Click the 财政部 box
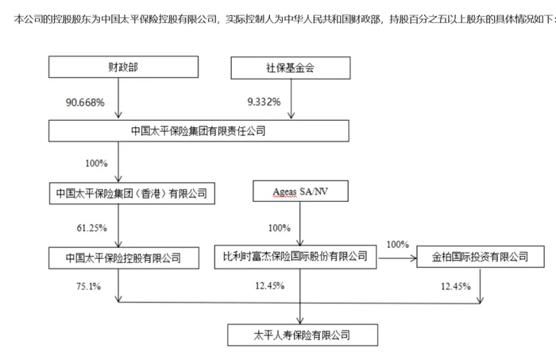pos(123,67)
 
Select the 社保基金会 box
pos(291,68)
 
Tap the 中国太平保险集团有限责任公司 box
pos(199,131)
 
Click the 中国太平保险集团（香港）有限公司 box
pos(132,193)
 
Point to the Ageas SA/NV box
pos(300,192)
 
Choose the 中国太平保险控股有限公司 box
pos(124,257)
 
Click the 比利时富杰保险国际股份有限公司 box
pos(295,257)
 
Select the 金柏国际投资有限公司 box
pos(480,257)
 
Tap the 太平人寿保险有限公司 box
pos(303,335)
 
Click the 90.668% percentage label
pos(85,103)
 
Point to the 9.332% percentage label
pos(264,102)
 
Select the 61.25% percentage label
pos(92,228)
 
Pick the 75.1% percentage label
pos(88,286)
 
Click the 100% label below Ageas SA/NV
pos(280,228)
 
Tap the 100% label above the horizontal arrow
pos(397,245)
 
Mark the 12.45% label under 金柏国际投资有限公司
pos(456,286)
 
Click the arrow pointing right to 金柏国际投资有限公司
pos(397,258)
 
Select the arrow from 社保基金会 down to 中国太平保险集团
pos(292,99)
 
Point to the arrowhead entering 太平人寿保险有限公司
pos(300,320)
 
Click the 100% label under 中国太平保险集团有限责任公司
pos(96,163)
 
